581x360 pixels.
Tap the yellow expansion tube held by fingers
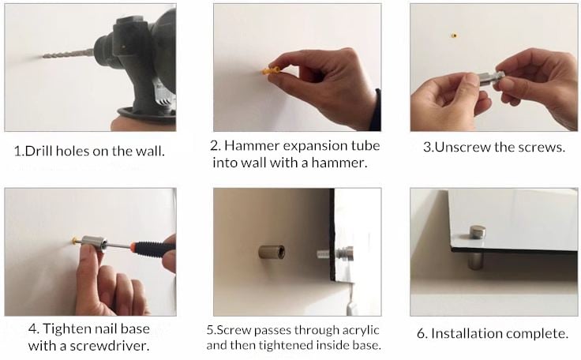coord(271,70)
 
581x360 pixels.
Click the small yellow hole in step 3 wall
coord(454,36)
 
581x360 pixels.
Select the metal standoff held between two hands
coord(491,78)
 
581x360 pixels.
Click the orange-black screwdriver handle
coord(152,248)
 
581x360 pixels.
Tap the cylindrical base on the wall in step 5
coord(272,252)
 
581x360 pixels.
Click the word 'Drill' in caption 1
coord(39,151)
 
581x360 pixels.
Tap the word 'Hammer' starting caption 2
coord(251,145)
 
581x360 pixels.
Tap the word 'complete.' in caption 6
coord(537,334)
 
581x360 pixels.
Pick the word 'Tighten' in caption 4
coord(66,329)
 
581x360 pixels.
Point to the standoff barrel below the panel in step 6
coord(475,261)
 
